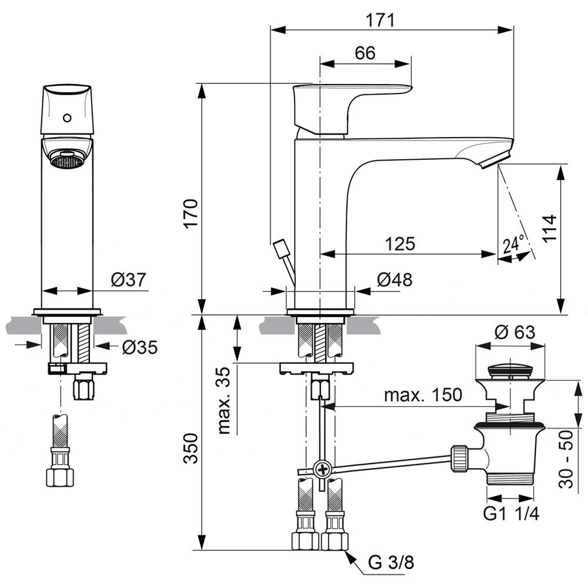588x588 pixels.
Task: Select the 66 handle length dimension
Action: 365,53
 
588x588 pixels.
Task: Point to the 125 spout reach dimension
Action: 400,243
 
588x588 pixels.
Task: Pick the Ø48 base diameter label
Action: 394,280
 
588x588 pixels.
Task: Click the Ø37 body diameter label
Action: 128,280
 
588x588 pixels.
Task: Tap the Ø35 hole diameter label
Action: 139,348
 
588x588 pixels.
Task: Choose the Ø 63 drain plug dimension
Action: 515,332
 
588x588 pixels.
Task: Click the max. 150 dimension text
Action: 423,395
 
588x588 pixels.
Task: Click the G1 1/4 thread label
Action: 510,513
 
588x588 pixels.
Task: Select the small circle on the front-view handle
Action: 67,117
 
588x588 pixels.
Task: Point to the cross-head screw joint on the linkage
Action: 322,469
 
